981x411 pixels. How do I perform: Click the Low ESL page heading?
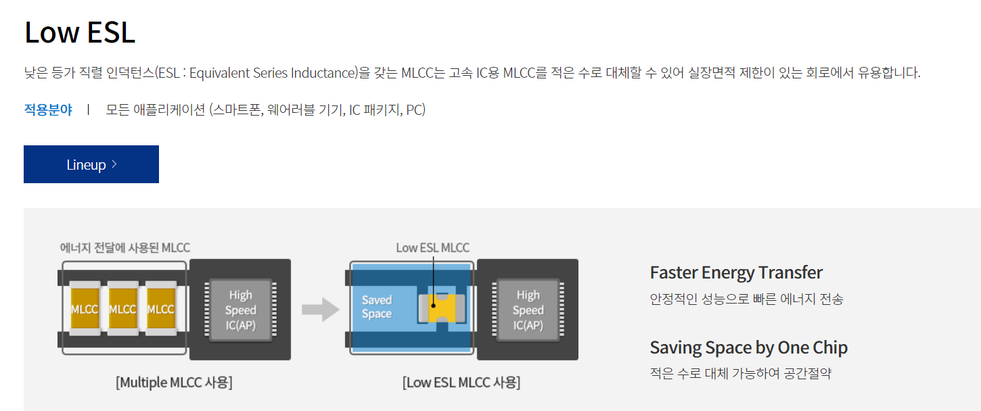coord(80,32)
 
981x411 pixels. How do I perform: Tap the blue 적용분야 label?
coord(48,110)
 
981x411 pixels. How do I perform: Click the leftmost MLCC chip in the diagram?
coord(85,309)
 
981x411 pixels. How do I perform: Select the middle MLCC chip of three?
coord(122,309)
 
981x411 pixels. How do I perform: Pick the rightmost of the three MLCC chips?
coord(161,309)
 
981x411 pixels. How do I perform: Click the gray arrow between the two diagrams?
coord(320,310)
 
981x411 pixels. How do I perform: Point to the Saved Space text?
coord(377,307)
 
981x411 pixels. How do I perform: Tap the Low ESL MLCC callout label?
coord(432,248)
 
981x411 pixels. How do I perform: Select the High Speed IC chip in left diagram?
coord(240,310)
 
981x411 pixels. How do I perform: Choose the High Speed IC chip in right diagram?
coord(528,310)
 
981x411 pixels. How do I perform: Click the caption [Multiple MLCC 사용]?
coord(174,383)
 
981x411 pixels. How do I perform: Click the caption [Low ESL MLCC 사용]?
coord(461,383)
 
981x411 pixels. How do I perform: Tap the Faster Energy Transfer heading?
coord(736,272)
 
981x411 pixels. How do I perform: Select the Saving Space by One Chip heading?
coord(748,347)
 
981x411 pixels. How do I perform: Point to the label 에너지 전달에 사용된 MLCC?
coord(125,248)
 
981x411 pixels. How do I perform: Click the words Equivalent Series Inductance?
coord(272,73)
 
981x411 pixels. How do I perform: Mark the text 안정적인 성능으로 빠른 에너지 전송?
coord(746,299)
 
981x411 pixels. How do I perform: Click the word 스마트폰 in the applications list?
coord(235,110)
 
